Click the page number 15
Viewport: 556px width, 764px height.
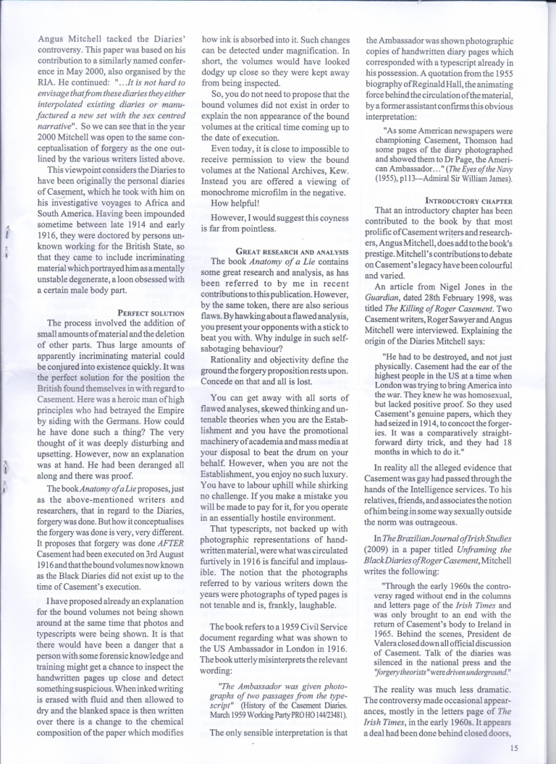(514, 749)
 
